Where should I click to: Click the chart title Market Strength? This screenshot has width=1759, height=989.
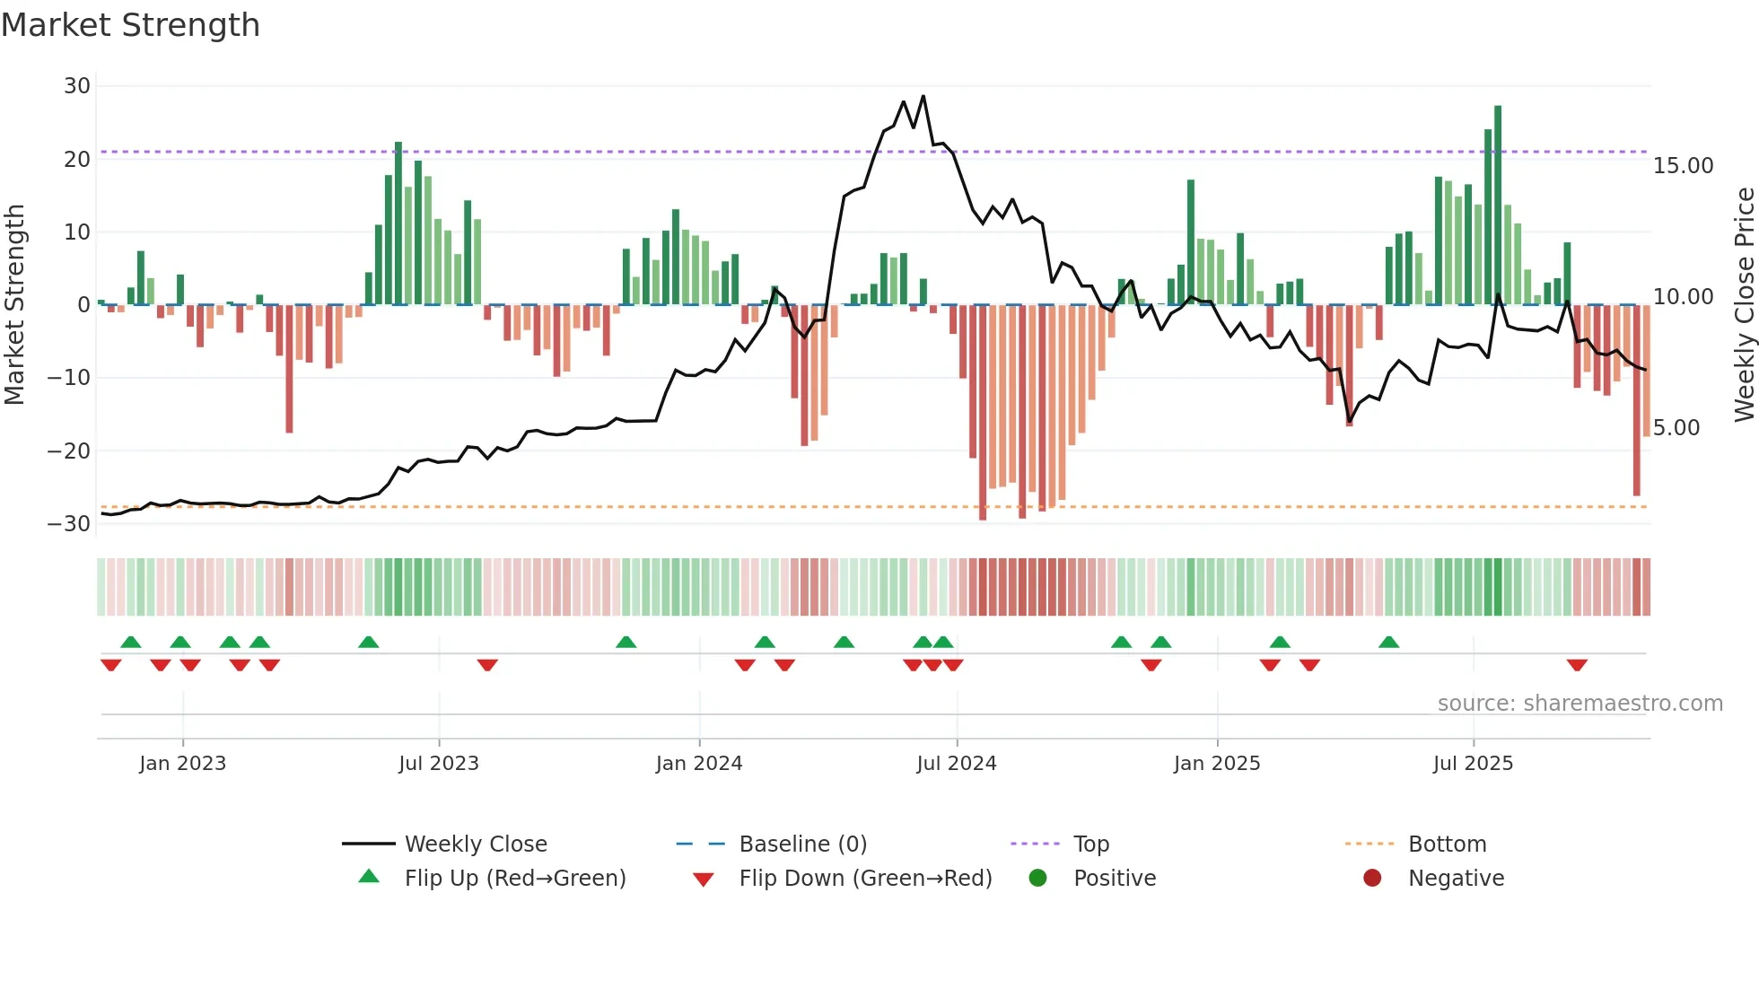tap(130, 25)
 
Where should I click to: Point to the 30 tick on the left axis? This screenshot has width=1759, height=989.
tap(77, 86)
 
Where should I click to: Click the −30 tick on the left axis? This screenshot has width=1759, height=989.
tap(70, 523)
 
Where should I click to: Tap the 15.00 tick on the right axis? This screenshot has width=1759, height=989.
tap(1683, 166)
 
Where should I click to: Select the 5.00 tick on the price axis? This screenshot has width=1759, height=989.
tap(1676, 428)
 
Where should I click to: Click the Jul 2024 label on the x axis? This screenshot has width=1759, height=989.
tap(956, 764)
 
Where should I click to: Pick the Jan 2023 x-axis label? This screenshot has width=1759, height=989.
tap(182, 764)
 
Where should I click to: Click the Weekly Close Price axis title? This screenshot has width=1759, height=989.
tap(1744, 304)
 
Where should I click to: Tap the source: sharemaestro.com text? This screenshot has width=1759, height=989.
tap(1580, 704)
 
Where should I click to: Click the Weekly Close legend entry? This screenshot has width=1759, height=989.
tap(475, 845)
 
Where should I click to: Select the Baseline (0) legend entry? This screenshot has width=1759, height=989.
tap(802, 845)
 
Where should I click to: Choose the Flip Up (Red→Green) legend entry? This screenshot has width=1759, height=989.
tap(514, 879)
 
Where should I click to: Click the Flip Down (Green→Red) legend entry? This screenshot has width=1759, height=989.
tap(865, 879)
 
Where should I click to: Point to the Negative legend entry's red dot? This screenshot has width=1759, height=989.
tap(1371, 879)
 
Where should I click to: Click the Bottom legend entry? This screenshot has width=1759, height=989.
tap(1447, 845)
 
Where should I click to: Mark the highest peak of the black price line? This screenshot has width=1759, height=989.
tap(923, 96)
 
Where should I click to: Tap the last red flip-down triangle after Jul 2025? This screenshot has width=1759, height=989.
tap(1577, 665)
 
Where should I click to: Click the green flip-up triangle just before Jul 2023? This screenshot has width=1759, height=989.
tap(368, 642)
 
